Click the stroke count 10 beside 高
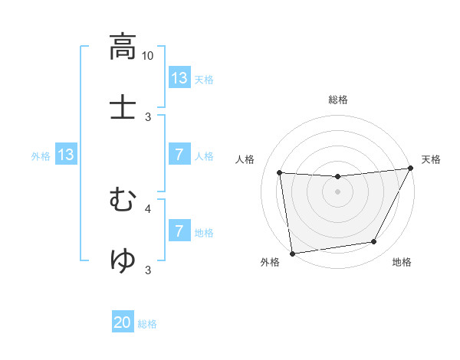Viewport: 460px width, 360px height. [148, 56]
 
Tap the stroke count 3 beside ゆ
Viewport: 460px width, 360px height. [148, 270]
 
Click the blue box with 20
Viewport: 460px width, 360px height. [123, 323]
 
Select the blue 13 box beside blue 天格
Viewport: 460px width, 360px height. [179, 78]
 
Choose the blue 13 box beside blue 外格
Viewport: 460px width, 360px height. [66, 155]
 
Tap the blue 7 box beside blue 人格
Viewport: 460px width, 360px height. [179, 155]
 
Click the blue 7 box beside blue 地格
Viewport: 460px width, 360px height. [179, 231]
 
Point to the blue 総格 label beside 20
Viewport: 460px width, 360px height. [147, 324]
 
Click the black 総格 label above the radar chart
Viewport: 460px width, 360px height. [338, 100]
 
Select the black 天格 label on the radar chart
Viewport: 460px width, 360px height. [431, 159]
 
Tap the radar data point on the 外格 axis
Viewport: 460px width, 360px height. [292, 253]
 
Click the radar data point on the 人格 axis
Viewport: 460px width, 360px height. [280, 172]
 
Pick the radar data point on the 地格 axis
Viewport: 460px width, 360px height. [374, 242]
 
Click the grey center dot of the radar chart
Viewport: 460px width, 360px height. [337, 191]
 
